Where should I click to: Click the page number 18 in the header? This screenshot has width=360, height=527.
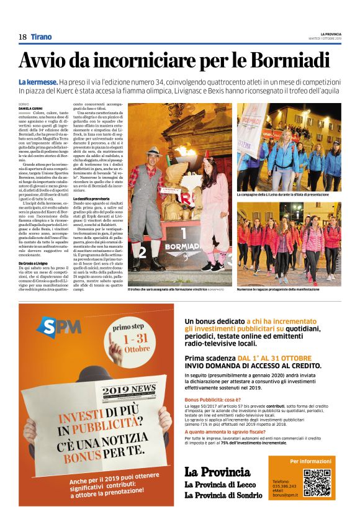tap(22, 37)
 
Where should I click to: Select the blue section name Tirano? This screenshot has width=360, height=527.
tap(42, 37)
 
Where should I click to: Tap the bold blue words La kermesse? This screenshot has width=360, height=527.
tap(38, 83)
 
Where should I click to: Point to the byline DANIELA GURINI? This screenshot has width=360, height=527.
tap(32, 109)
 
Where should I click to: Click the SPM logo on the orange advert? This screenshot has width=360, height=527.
tap(59, 327)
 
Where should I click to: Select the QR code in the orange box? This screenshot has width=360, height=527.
tap(317, 482)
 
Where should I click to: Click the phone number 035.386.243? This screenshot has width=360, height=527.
tap(284, 486)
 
